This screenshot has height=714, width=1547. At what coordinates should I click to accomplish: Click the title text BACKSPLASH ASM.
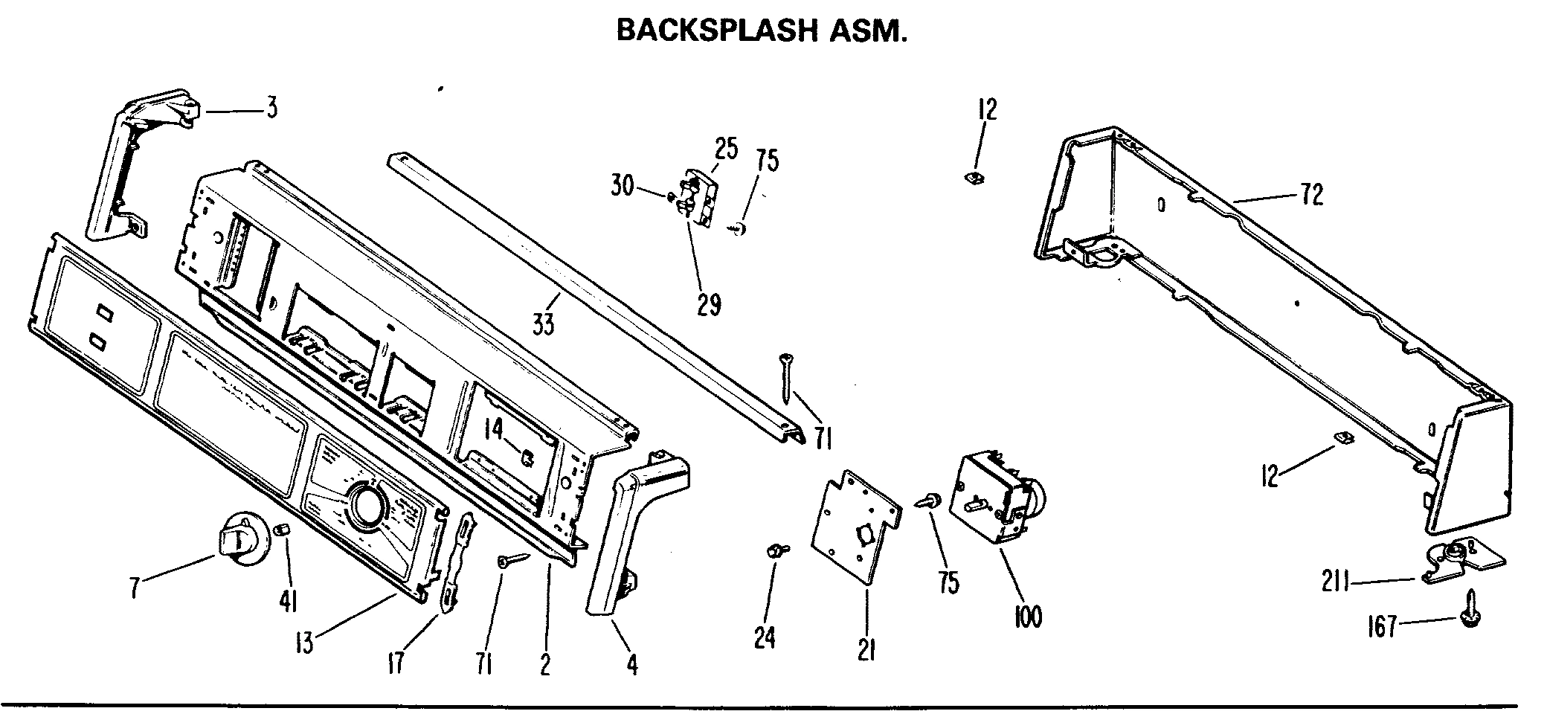[762, 31]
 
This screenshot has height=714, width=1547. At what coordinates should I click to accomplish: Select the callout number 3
[272, 109]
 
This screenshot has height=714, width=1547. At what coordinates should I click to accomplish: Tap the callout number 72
[1312, 195]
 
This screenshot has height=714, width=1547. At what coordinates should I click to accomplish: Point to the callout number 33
[544, 325]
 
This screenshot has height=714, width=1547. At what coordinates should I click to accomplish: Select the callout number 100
[1028, 616]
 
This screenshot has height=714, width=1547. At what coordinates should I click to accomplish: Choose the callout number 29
[709, 304]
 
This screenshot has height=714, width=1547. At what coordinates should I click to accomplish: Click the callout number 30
[623, 185]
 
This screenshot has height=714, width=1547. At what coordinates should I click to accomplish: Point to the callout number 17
[396, 661]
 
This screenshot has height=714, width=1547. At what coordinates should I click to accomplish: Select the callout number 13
[304, 642]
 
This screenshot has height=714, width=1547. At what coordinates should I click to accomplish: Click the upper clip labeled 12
[973, 177]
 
